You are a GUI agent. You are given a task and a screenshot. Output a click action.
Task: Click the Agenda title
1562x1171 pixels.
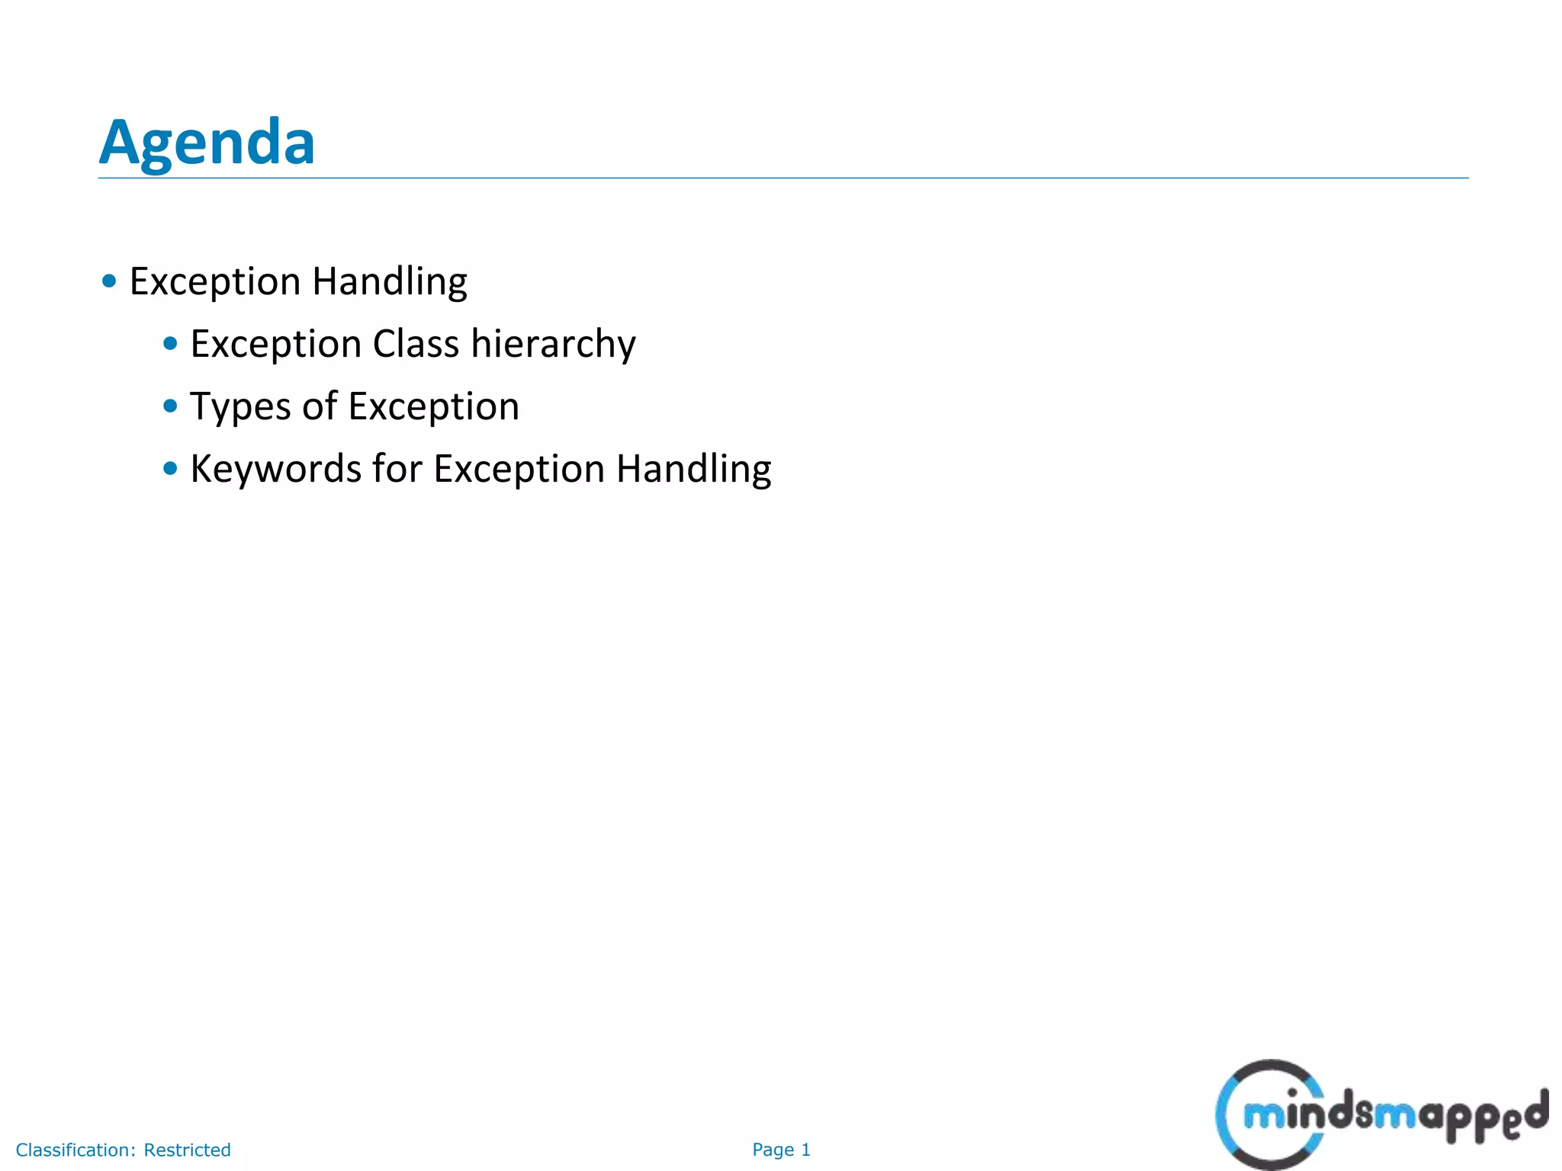coord(207,143)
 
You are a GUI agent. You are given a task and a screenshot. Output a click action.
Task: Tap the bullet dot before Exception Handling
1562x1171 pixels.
coord(109,281)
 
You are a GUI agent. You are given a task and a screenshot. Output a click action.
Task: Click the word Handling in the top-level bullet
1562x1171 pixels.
coord(390,282)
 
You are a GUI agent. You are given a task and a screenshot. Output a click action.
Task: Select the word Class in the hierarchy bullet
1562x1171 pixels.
coord(416,344)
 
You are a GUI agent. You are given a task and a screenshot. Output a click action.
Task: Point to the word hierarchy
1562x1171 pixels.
coord(553,344)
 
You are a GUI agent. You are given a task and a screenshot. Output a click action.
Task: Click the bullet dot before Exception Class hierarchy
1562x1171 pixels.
coord(170,344)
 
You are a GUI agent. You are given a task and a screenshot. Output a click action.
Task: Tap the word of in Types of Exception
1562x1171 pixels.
coord(320,406)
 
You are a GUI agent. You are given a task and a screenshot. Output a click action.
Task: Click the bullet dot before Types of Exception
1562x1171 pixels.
coord(170,406)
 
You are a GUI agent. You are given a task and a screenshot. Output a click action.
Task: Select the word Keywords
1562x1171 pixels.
coord(275,469)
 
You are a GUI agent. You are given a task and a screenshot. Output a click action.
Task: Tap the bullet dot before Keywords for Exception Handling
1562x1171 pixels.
coord(170,469)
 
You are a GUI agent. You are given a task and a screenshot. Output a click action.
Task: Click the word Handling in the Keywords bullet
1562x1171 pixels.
coord(693,469)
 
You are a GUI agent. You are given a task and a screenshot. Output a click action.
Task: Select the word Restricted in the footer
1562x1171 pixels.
coord(188,1150)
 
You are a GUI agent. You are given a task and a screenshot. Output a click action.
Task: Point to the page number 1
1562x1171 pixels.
coord(805,1150)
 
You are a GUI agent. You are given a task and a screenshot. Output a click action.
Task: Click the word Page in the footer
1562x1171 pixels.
coord(773,1150)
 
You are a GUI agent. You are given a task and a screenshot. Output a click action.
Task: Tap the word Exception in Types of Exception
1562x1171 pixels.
coord(434,406)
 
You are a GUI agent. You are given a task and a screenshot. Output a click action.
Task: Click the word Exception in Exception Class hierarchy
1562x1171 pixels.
coord(275,344)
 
